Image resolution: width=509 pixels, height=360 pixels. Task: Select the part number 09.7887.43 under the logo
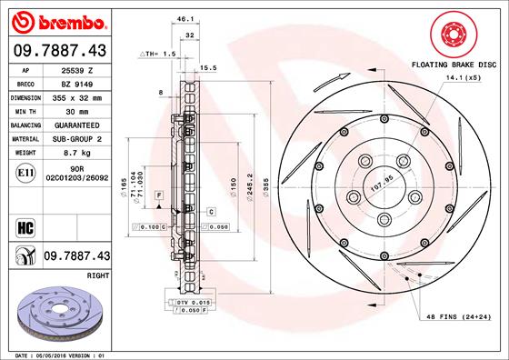(60, 51)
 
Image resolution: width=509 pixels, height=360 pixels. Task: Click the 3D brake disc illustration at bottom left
(60, 311)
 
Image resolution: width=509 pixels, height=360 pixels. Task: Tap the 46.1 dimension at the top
(185, 18)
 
